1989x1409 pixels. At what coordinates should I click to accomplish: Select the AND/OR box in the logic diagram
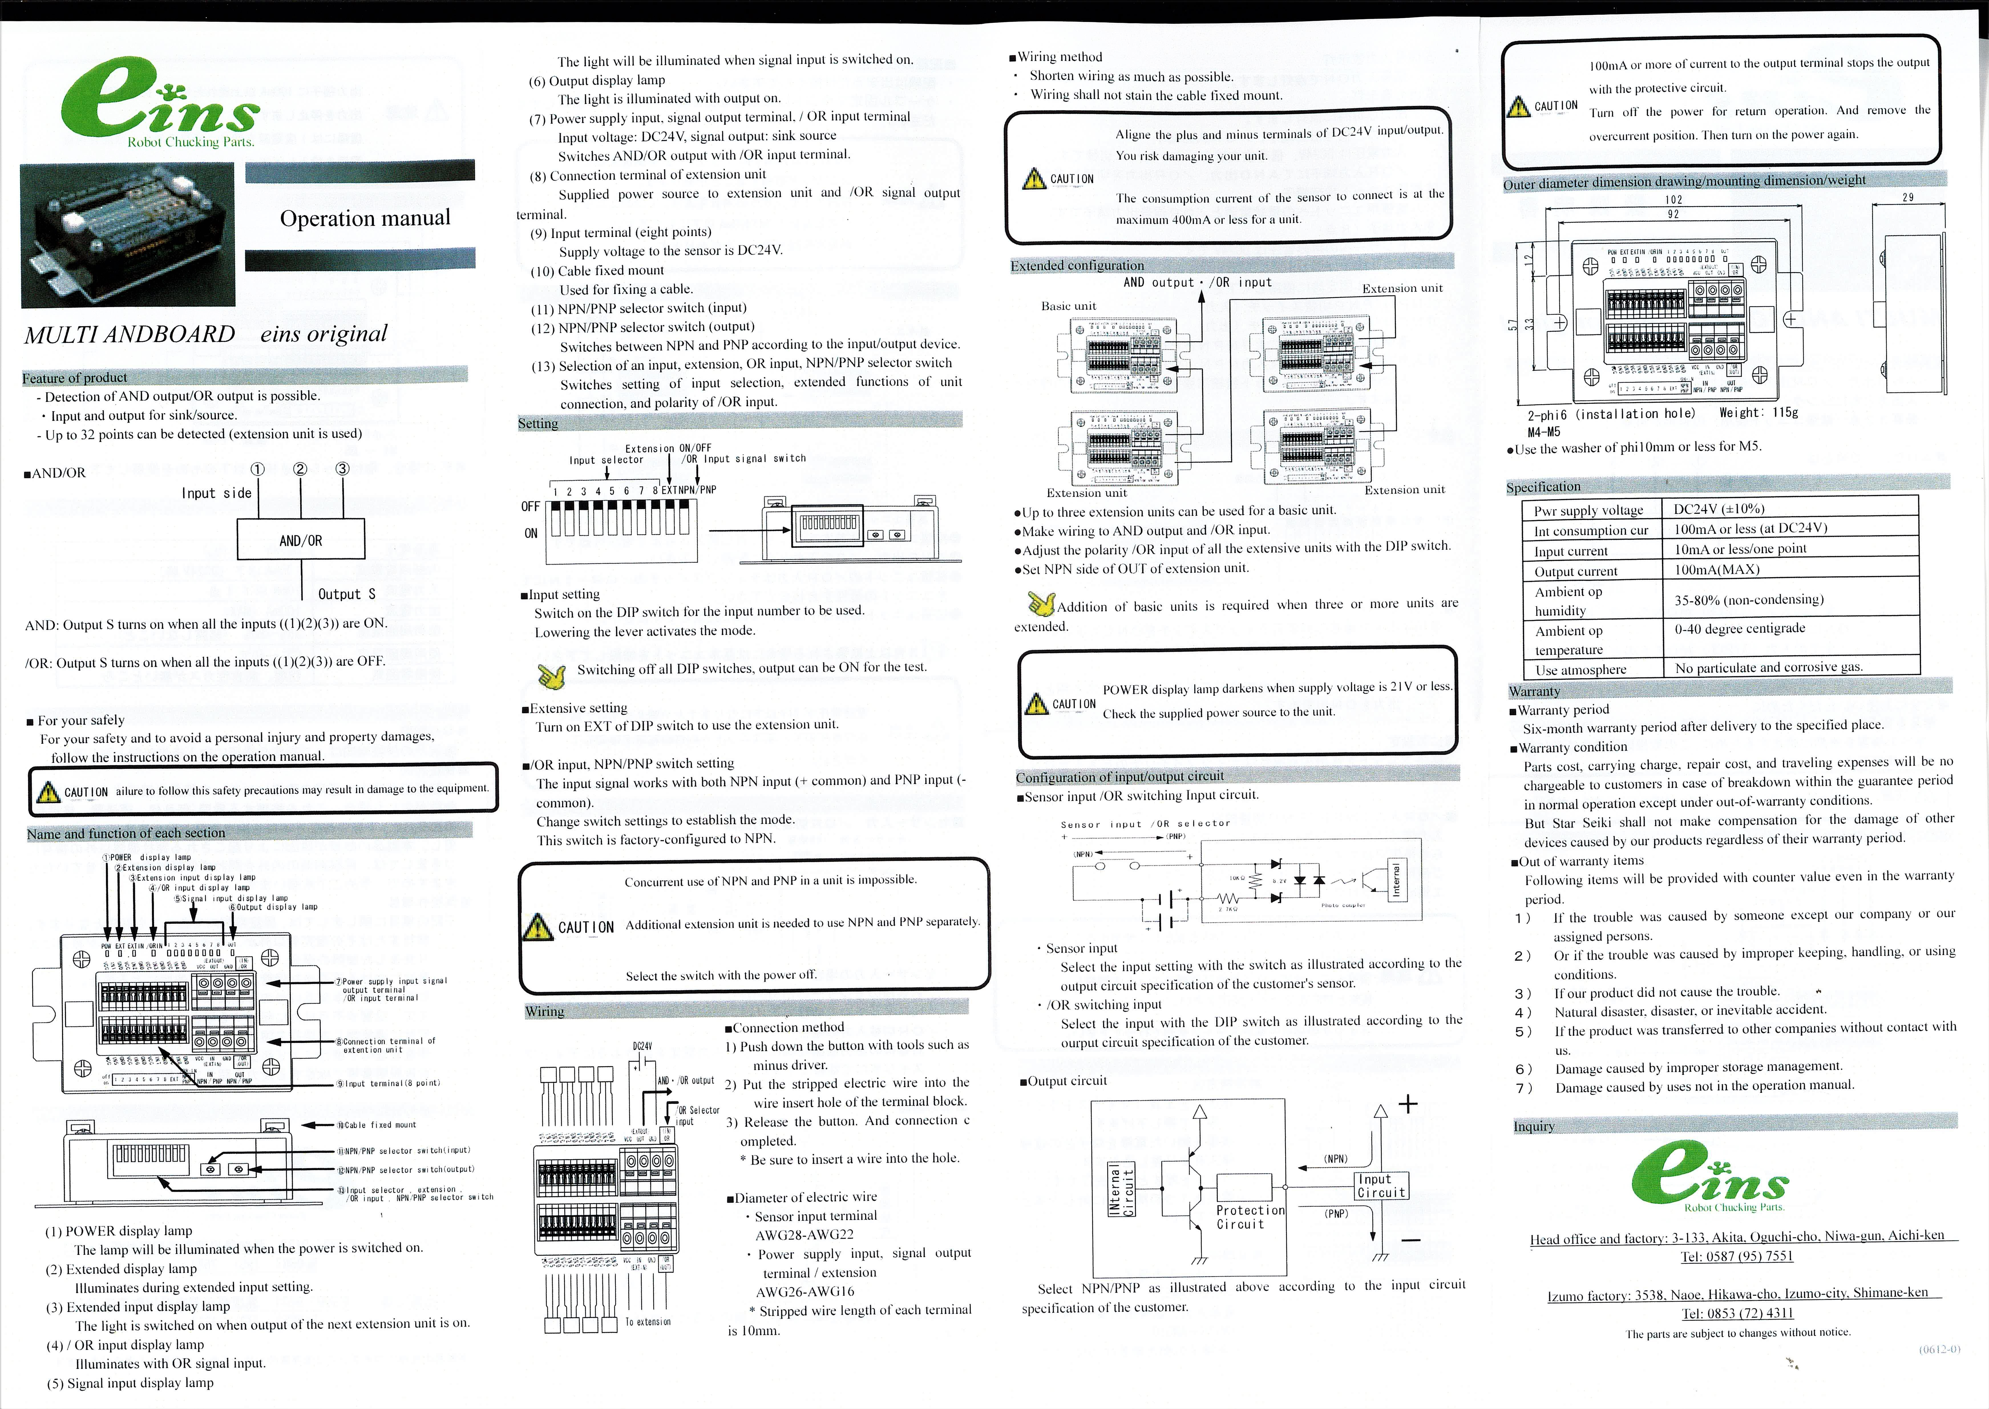pos(300,540)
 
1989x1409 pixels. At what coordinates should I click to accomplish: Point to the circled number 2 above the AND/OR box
pos(300,469)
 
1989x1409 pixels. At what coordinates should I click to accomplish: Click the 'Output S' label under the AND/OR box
pos(346,594)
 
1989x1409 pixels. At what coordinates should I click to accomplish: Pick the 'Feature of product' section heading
pos(75,377)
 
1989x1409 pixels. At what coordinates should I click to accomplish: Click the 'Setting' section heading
pos(538,423)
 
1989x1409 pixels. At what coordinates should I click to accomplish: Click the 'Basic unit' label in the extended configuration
pos(1068,306)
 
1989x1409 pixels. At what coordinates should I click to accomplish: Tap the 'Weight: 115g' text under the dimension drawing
pos(1758,413)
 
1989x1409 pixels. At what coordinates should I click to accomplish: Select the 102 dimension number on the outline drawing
pos(1673,200)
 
